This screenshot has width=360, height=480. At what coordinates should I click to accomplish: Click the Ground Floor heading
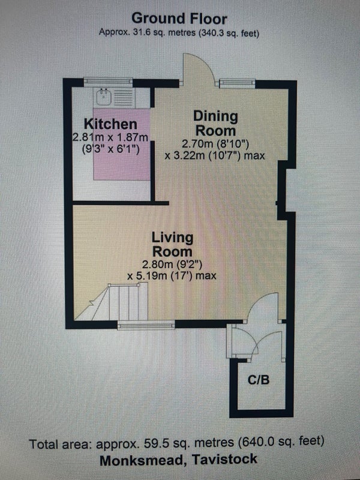179,19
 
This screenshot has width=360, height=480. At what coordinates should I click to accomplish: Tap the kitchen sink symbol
104,97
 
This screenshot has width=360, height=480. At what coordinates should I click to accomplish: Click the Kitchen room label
110,124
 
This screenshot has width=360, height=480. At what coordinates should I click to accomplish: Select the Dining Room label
215,124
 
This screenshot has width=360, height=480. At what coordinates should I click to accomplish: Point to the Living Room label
172,244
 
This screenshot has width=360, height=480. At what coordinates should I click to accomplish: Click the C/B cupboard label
259,380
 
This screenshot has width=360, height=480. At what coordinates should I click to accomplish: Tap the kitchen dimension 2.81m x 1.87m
110,137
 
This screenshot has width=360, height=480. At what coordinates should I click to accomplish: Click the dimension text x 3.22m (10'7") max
215,155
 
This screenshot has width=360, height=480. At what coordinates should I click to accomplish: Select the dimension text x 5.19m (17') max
172,276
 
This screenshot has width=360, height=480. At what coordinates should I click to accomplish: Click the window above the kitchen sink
108,82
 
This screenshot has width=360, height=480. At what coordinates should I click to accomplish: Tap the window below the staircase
146,326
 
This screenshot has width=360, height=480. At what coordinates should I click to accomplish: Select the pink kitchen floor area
122,144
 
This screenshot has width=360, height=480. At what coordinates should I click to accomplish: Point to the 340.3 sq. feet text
229,33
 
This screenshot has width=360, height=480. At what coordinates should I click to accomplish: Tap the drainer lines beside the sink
124,97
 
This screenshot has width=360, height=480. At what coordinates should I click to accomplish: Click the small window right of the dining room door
237,83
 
